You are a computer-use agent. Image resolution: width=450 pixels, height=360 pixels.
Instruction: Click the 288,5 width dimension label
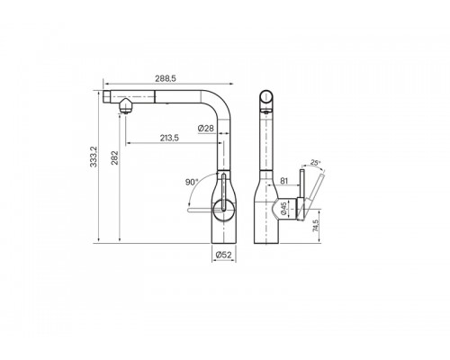point(166,78)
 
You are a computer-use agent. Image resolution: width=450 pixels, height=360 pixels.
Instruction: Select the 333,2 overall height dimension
point(94,157)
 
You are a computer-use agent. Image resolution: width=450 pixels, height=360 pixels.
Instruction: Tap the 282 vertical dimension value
point(114,158)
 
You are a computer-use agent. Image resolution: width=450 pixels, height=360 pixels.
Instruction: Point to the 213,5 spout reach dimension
point(169,138)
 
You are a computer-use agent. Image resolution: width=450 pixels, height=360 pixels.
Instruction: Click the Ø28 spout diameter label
point(206,129)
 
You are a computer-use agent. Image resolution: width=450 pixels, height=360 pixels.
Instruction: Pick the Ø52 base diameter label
point(224,255)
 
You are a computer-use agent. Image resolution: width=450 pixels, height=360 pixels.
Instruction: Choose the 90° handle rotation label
point(192,182)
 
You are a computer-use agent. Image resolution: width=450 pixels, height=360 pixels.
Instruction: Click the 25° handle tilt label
point(315,163)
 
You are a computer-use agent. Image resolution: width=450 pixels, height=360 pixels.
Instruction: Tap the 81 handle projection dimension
point(283,181)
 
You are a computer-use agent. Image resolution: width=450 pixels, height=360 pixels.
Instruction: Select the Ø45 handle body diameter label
point(283,209)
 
